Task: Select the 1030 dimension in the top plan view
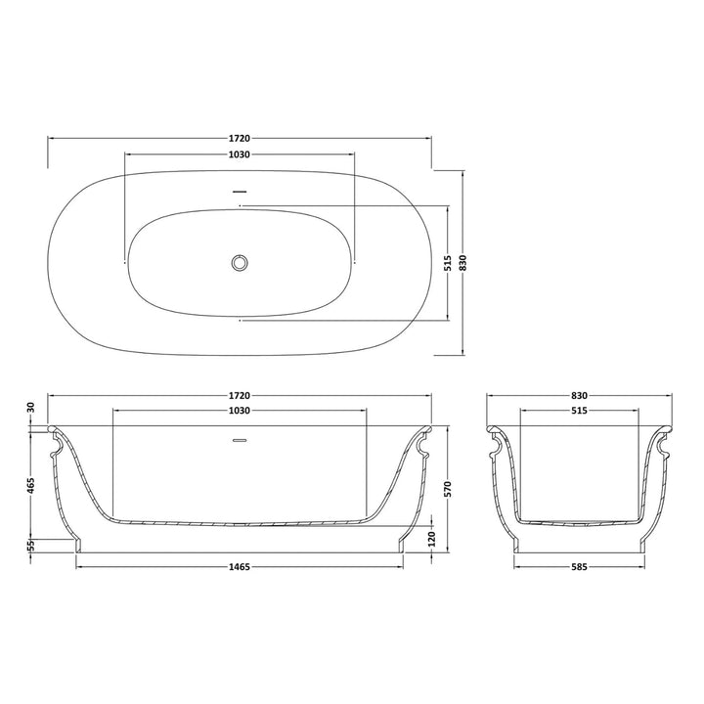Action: tap(240, 155)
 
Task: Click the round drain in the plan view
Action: tap(240, 262)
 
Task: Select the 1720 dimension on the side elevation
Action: tap(240, 395)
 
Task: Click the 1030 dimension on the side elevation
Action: tap(240, 411)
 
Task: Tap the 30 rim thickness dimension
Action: tap(31, 407)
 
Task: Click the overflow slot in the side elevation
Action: tap(240, 439)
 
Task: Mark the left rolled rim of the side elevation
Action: tap(54, 429)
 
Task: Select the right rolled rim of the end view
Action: tap(665, 429)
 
